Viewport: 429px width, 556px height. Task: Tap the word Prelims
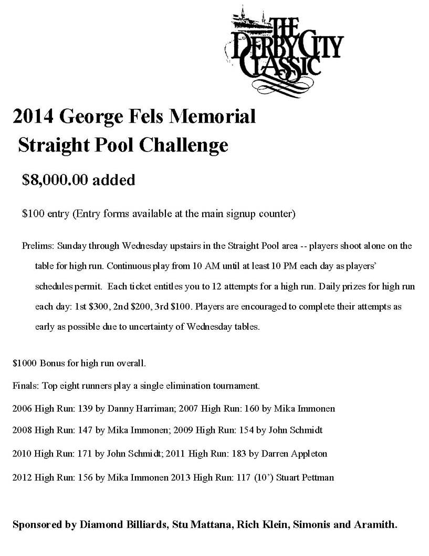pos(38,246)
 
